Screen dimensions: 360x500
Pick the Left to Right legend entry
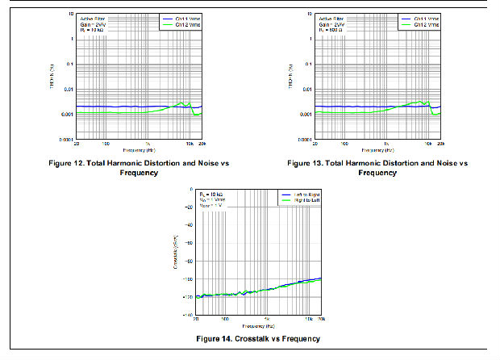coord(303,195)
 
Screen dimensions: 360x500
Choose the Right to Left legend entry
coord(303,200)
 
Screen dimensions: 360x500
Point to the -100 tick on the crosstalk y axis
coord(187,279)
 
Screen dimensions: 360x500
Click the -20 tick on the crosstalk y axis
coord(189,207)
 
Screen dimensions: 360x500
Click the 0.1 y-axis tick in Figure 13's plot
coord(306,65)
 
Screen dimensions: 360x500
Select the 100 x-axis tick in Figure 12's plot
coord(106,144)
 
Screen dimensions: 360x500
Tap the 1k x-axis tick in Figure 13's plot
coord(385,144)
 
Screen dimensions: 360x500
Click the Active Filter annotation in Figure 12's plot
coord(93,18)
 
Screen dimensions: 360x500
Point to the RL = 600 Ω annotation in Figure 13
coord(331,29)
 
